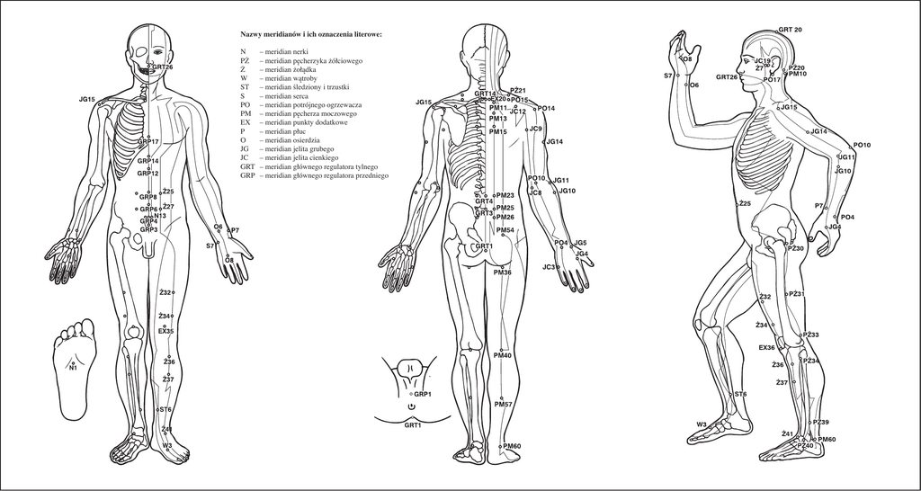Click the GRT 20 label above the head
click(x=790, y=30)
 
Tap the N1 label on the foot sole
click(x=73, y=367)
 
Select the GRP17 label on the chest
click(x=148, y=142)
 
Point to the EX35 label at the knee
click(x=166, y=332)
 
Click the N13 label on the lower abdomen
click(x=160, y=216)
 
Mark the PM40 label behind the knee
click(x=503, y=356)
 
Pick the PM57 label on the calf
click(x=503, y=405)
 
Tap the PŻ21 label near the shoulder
click(x=517, y=91)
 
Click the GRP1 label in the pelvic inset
click(x=423, y=394)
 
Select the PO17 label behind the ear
click(x=772, y=80)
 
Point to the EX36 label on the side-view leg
click(x=766, y=348)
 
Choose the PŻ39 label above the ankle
click(x=820, y=423)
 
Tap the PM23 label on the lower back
click(x=505, y=195)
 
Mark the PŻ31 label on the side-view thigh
click(x=795, y=294)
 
